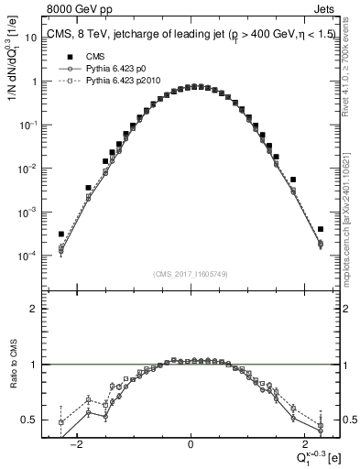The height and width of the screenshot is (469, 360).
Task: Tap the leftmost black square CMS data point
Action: (x=60, y=234)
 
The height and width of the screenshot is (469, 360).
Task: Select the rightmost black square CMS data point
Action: (x=321, y=229)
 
